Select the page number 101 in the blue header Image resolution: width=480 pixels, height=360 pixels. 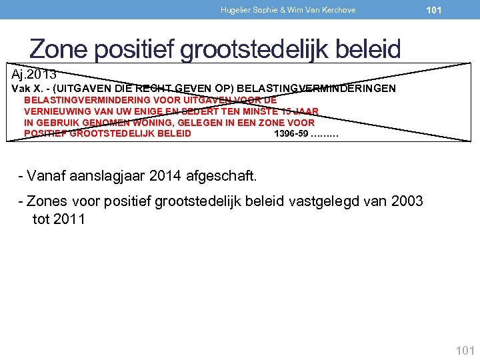434,10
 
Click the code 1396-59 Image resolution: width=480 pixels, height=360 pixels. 291,133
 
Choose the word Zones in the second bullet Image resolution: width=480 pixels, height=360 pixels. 47,202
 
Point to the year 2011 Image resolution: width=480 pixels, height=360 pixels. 68,219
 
